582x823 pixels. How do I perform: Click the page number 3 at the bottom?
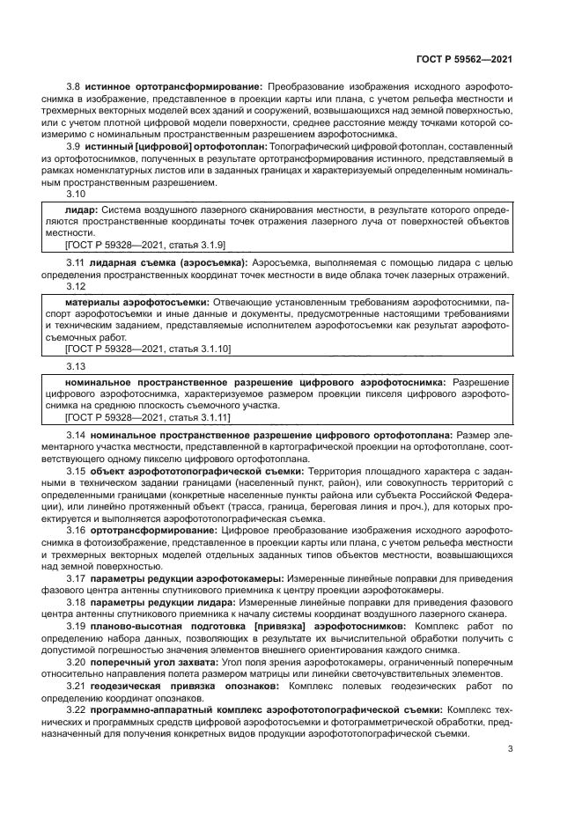pos(511,750)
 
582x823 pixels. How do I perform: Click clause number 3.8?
pos(74,88)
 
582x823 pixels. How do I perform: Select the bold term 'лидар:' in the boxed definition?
pos(82,211)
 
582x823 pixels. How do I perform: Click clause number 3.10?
pos(76,194)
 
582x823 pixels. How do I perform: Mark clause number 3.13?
pos(76,365)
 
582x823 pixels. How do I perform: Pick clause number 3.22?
pos(76,709)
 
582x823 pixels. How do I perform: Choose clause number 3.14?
pos(76,435)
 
